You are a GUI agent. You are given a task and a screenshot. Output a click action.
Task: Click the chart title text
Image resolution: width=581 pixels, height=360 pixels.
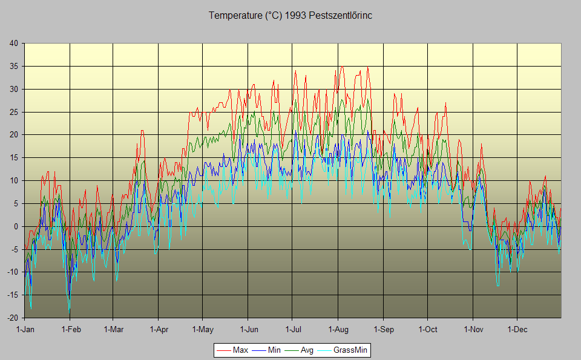pyautogui.click(x=290, y=16)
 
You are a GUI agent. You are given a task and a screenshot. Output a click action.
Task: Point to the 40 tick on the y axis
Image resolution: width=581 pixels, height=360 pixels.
pyautogui.click(x=13, y=43)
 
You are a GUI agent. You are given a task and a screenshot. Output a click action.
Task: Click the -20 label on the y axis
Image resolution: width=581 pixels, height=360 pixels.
pyautogui.click(x=12, y=318)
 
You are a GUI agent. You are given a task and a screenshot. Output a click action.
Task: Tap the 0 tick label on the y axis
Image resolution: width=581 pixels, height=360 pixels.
pyautogui.click(x=16, y=226)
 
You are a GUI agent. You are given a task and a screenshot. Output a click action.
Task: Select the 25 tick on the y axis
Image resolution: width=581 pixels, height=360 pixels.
pyautogui.click(x=13, y=112)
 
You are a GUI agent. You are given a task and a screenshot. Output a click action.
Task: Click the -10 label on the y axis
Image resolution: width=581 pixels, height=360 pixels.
pyautogui.click(x=12, y=272)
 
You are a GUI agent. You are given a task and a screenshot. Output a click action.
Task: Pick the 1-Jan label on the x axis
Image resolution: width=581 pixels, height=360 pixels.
pyautogui.click(x=25, y=330)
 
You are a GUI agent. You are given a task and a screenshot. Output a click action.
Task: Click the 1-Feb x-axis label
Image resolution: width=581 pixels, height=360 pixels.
pyautogui.click(x=70, y=330)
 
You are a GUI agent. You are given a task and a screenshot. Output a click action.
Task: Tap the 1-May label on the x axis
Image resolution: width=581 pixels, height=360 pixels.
pyautogui.click(x=203, y=330)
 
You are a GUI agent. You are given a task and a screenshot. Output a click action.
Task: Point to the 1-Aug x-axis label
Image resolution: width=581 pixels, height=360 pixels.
pyautogui.click(x=338, y=330)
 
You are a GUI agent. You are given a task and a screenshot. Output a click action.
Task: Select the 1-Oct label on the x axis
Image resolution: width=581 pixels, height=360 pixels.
pyautogui.click(x=427, y=330)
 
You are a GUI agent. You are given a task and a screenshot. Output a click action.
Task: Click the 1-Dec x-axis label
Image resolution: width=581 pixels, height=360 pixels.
pyautogui.click(x=517, y=330)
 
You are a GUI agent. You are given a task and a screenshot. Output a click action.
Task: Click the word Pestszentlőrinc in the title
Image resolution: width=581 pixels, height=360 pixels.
pyautogui.click(x=340, y=16)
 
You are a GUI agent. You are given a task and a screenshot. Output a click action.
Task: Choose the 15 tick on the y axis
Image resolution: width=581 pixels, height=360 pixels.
pyautogui.click(x=13, y=157)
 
